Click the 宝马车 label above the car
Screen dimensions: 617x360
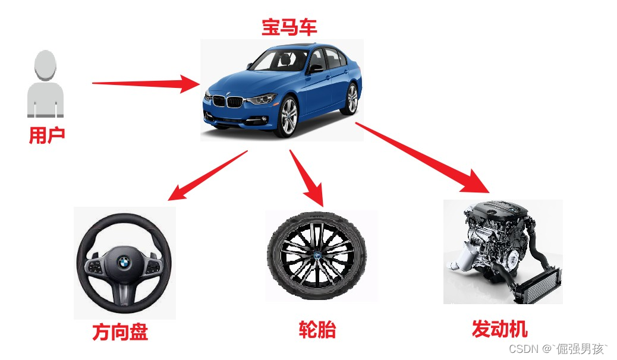[289, 27]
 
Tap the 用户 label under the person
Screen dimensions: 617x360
[47, 135]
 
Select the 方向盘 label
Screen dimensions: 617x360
[120, 331]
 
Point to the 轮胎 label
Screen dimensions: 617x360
[317, 330]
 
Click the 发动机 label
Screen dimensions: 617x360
[499, 329]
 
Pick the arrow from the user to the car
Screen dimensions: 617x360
[146, 83]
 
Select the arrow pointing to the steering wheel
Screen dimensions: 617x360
[207, 176]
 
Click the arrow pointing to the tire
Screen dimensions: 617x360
[307, 178]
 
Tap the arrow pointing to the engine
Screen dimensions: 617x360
[423, 158]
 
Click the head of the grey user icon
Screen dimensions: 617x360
[45, 65]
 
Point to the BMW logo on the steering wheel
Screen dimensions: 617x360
[124, 263]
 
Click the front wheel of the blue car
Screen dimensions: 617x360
[288, 117]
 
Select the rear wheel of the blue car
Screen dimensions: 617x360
[351, 99]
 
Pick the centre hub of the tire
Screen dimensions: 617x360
[317, 255]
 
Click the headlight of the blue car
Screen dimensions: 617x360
[262, 99]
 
